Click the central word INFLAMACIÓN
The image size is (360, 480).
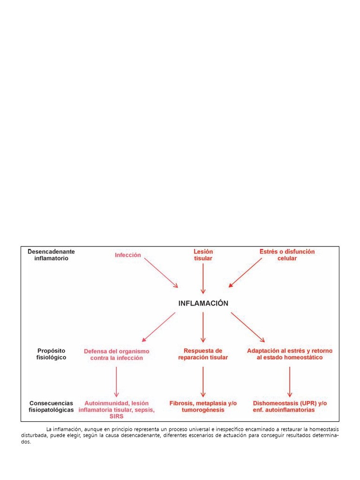[203, 303]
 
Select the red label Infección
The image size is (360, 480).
[128, 255]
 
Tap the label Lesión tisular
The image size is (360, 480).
[203, 255]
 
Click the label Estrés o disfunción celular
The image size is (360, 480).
[287, 255]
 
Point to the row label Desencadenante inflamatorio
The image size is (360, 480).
[51, 255]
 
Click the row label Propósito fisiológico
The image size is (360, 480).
[51, 354]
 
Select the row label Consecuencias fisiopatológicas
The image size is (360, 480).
[51, 406]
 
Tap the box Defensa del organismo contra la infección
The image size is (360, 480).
[116, 354]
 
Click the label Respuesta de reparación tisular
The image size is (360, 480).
[203, 354]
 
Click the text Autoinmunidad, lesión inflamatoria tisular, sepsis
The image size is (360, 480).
[116, 406]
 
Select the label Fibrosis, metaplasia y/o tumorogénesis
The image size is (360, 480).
[203, 406]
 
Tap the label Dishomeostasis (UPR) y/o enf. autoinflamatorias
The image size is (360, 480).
[290, 406]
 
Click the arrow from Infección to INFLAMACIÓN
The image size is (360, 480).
[161, 272]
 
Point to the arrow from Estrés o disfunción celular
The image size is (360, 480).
[246, 272]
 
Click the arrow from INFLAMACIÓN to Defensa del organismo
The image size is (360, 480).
[158, 327]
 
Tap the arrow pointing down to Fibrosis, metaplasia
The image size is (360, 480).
[203, 382]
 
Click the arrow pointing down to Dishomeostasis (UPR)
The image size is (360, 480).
[290, 382]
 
